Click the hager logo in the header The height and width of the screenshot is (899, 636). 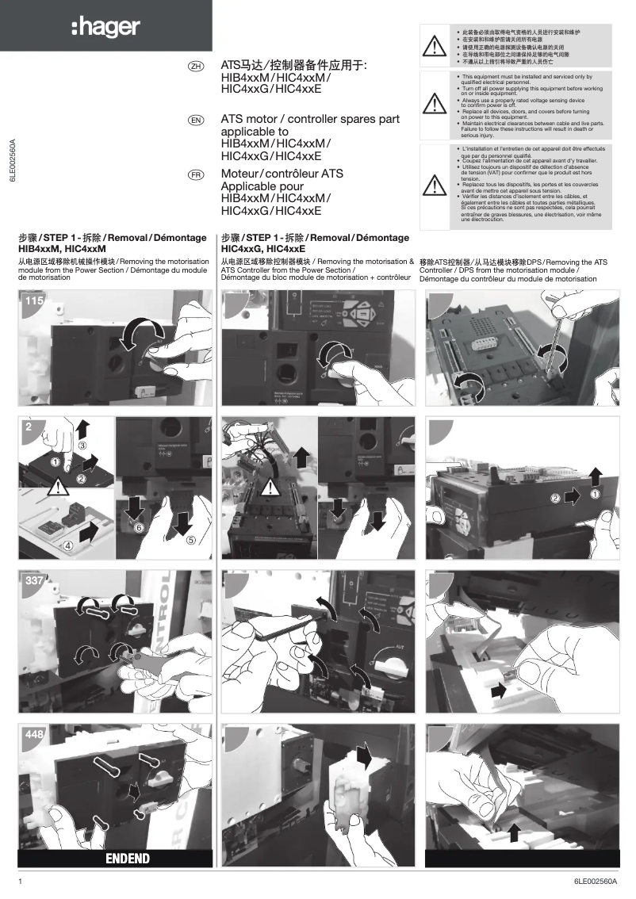click(105, 28)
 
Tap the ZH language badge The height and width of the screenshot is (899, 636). click(194, 66)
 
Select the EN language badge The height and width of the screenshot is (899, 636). click(194, 120)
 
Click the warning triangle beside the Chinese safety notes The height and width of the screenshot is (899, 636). click(435, 47)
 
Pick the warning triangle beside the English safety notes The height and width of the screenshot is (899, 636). click(435, 103)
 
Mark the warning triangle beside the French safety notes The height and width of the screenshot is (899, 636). click(435, 183)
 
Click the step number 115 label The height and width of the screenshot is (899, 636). click(34, 301)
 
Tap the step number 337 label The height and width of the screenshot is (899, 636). click(34, 581)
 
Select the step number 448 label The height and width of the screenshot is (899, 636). click(34, 735)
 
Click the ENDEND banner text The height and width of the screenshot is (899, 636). click(128, 858)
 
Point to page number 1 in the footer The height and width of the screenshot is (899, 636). click(21, 882)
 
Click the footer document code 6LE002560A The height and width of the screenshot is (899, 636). click(596, 882)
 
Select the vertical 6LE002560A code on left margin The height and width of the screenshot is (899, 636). click(13, 163)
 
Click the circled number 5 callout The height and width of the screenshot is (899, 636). click(191, 541)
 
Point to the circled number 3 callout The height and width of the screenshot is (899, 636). click(82, 446)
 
